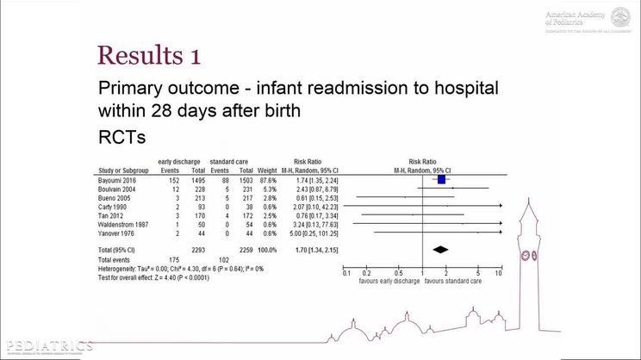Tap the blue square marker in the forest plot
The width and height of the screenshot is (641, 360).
[442, 179]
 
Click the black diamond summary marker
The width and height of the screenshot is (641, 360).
[440, 250]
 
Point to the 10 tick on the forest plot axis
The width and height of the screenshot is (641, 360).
[498, 273]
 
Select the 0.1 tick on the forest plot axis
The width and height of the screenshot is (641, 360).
[346, 273]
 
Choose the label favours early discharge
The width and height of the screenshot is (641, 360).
[388, 281]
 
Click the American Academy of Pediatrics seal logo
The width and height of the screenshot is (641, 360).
[620, 17]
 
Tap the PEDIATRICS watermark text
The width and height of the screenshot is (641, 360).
[47, 345]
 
